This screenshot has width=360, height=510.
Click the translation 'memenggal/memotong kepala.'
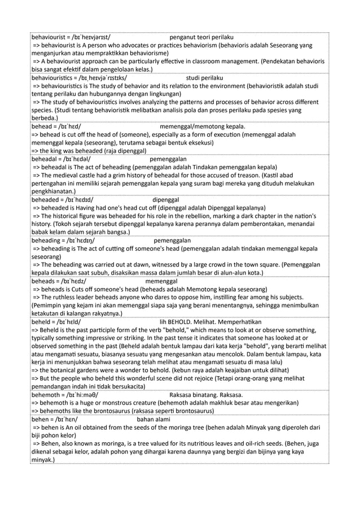[x=202, y=127]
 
